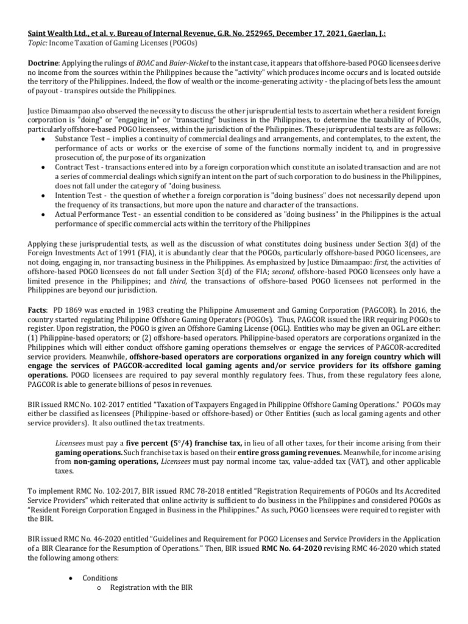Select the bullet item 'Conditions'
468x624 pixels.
pos(101,577)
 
